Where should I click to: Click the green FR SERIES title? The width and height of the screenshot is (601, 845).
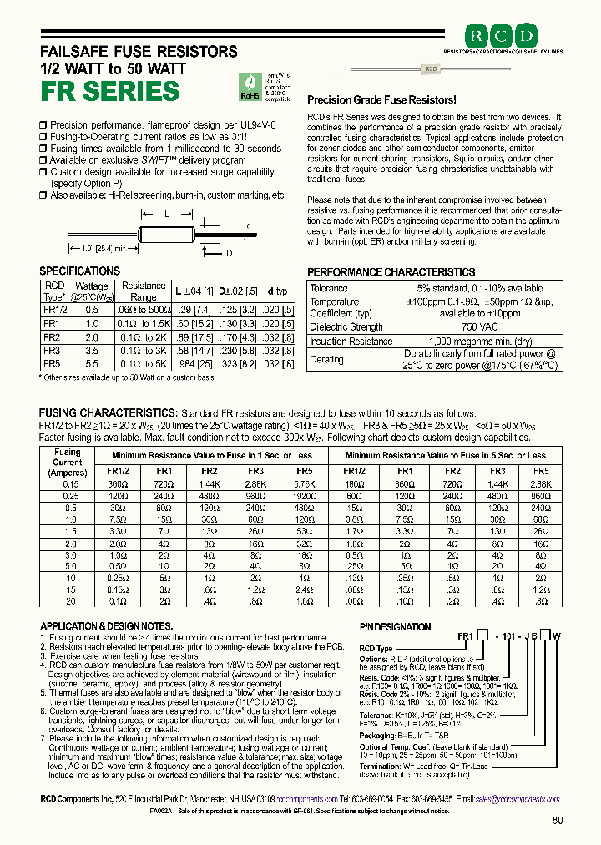(109, 90)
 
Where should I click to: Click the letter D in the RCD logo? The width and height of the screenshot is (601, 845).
(528, 36)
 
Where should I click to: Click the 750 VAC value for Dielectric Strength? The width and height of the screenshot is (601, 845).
(480, 327)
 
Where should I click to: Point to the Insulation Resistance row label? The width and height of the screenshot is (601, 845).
(351, 342)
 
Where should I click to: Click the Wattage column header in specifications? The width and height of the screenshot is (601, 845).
(92, 291)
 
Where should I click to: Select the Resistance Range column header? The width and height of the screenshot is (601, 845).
(144, 291)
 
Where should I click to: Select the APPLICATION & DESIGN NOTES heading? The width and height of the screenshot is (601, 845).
(107, 626)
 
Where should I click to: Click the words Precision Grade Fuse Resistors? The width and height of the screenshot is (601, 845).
(379, 99)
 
